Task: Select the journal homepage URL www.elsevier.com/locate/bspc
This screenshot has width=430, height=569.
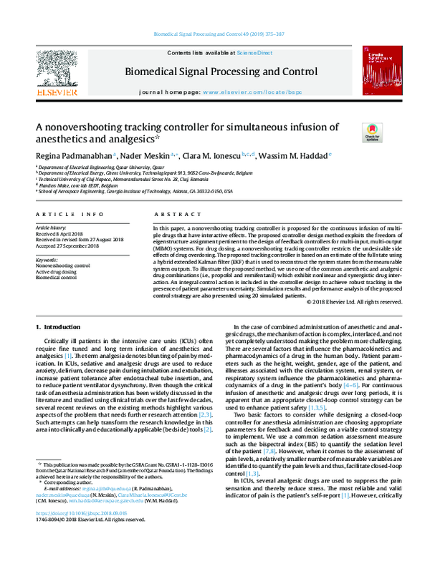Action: point(248,93)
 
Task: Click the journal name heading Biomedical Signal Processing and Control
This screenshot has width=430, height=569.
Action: point(221,72)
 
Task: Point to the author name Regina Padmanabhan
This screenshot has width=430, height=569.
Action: point(75,155)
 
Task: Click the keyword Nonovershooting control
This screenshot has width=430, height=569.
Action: point(62,264)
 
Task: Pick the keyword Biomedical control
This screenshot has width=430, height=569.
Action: point(57,277)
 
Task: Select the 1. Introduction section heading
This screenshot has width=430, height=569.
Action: point(58,327)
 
